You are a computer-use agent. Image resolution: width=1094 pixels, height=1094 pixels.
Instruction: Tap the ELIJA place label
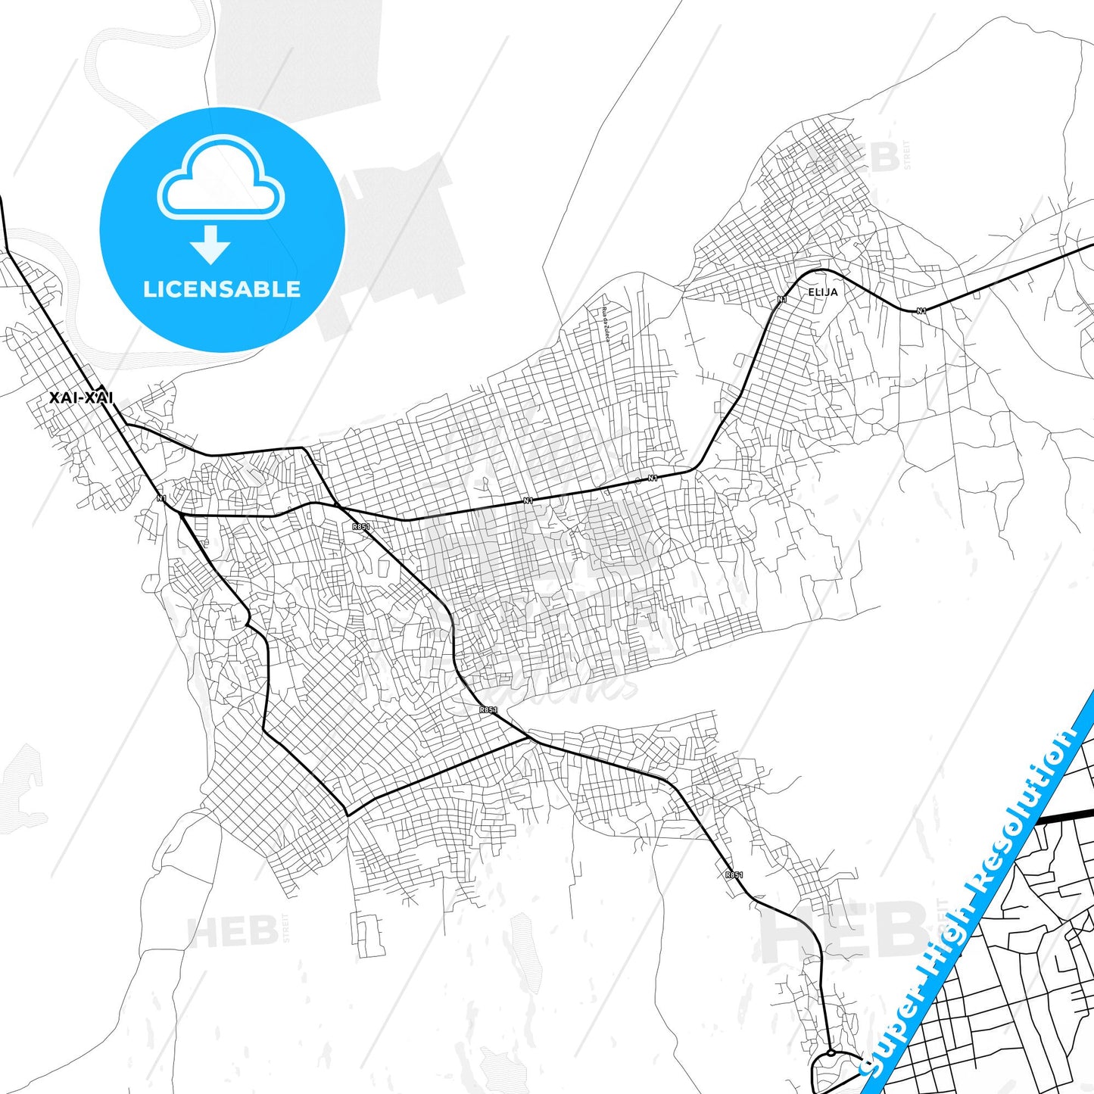tap(823, 292)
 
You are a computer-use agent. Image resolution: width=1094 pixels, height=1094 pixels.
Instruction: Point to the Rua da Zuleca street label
tap(606, 325)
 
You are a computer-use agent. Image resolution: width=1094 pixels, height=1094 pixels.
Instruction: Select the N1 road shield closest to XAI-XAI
tap(161, 498)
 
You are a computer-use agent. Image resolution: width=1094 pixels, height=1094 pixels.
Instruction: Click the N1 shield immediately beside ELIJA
tap(782, 300)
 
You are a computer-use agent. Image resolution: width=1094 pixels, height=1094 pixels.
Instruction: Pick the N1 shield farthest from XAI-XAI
tap(921, 311)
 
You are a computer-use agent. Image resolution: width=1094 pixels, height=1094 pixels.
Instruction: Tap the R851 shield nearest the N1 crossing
tap(361, 526)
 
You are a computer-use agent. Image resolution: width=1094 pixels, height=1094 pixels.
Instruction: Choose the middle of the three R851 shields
tap(488, 710)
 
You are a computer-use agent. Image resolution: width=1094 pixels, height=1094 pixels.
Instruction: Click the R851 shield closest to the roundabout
tap(734, 875)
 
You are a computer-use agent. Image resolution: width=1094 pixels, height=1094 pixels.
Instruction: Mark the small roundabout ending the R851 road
tap(831, 1052)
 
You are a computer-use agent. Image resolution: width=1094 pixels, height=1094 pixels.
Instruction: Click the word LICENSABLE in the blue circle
tap(222, 289)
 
